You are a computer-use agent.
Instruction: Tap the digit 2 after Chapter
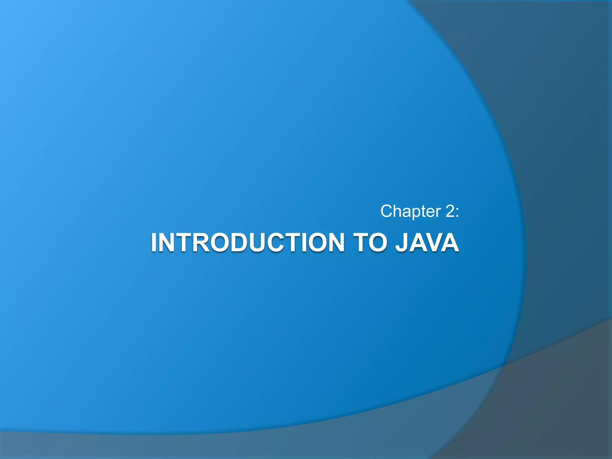pos(450,211)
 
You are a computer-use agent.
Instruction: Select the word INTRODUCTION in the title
pos(248,242)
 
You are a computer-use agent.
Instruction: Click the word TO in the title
pos(369,242)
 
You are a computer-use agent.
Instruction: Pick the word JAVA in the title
pos(427,242)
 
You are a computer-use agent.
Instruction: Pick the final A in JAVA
pos(450,242)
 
